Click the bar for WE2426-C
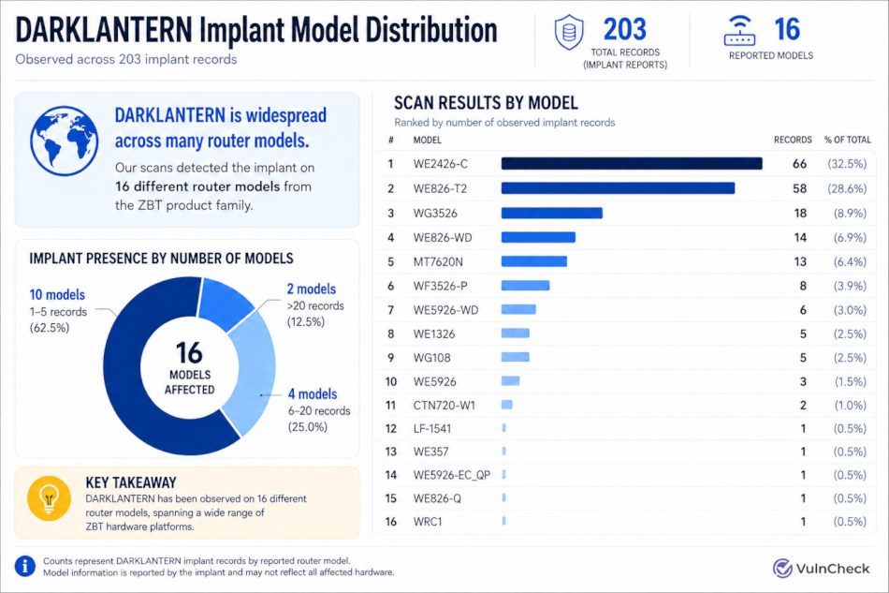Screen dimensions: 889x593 [x=632, y=164]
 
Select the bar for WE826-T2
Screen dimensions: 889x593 [x=618, y=188]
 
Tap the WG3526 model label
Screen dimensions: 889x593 [x=435, y=214]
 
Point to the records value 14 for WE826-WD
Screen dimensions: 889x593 [x=800, y=238]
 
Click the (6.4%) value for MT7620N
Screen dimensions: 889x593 [x=850, y=262]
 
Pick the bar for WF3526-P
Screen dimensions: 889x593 [x=525, y=286]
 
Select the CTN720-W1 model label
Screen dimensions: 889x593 [x=444, y=406]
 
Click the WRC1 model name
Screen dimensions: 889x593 [x=428, y=522]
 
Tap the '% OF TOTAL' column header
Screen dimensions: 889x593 [x=848, y=140]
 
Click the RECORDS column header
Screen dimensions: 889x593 [x=793, y=140]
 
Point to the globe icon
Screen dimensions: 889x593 [x=64, y=141]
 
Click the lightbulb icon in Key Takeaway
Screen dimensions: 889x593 [x=50, y=498]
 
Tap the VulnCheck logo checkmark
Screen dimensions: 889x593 [x=782, y=568]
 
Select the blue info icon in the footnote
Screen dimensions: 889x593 [x=25, y=567]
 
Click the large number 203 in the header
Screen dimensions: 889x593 [x=625, y=29]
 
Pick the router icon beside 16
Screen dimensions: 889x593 [x=740, y=31]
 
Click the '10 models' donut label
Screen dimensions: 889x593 [x=57, y=294]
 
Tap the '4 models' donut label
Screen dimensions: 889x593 [x=313, y=393]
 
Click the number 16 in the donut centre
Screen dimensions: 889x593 [x=189, y=353]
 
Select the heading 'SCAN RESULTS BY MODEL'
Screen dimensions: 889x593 [x=486, y=103]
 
